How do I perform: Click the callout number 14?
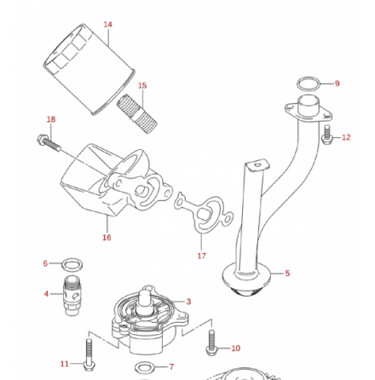click(x=107, y=24)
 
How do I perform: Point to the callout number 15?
click(x=142, y=85)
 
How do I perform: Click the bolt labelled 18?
click(x=47, y=142)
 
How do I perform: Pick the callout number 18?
click(x=51, y=120)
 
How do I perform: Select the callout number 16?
click(x=107, y=238)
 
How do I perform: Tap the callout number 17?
click(x=202, y=255)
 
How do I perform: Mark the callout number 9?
click(x=337, y=83)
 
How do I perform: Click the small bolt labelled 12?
click(x=326, y=134)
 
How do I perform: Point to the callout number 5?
click(x=287, y=273)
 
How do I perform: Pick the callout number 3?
click(x=188, y=301)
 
